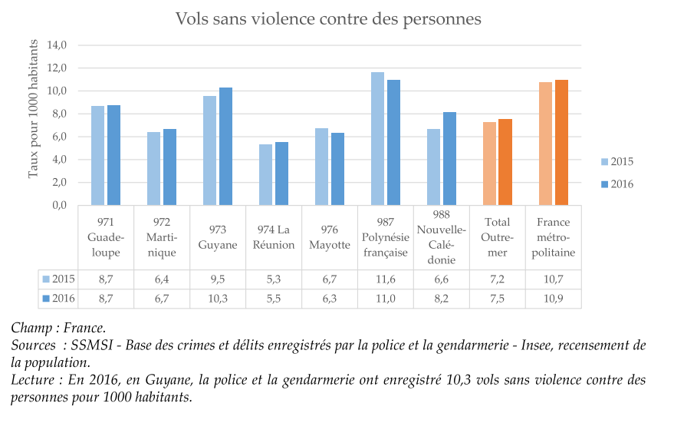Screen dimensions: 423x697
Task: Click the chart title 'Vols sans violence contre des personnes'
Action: [x=328, y=18]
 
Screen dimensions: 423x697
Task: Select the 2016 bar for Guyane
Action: [x=225, y=147]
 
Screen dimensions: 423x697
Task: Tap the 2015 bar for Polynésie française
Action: [x=377, y=139]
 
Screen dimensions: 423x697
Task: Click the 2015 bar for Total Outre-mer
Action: [x=488, y=164]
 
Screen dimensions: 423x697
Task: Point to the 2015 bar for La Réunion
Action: [x=265, y=175]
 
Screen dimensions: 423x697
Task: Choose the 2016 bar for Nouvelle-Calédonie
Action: [x=449, y=159]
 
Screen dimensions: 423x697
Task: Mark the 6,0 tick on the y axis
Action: [x=60, y=137]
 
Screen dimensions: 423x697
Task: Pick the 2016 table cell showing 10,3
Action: [x=218, y=299]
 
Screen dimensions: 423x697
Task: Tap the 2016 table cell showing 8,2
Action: [x=442, y=299]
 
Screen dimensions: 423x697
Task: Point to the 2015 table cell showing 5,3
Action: [x=274, y=279]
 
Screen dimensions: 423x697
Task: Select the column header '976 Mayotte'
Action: [x=330, y=237]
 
